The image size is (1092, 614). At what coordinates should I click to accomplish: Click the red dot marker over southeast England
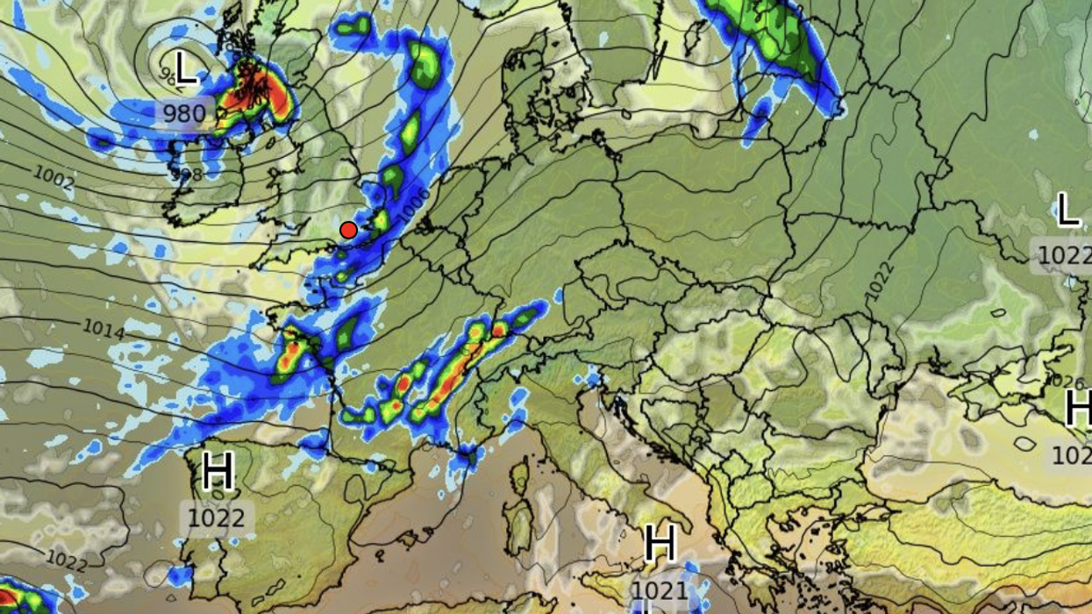[x=348, y=231]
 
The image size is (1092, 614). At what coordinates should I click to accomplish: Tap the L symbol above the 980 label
[x=185, y=69]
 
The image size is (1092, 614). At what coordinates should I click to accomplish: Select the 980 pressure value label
[x=184, y=113]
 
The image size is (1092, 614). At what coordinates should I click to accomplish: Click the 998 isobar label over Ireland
[x=186, y=175]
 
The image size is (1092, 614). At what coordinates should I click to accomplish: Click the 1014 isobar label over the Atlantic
[x=103, y=328]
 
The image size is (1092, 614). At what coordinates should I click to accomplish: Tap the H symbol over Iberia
[x=218, y=473]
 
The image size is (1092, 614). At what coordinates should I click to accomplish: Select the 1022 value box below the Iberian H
[x=217, y=518]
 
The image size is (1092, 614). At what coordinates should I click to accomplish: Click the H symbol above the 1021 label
[x=660, y=545]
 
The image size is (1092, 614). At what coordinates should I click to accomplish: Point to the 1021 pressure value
[x=660, y=589]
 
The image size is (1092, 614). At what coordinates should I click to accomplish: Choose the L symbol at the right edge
[x=1067, y=211]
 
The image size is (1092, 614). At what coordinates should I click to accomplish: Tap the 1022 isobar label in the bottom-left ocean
[x=67, y=559]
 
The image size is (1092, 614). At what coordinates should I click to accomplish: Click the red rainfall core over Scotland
[x=256, y=95]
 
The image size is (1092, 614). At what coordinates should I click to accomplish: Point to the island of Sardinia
[x=518, y=526]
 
